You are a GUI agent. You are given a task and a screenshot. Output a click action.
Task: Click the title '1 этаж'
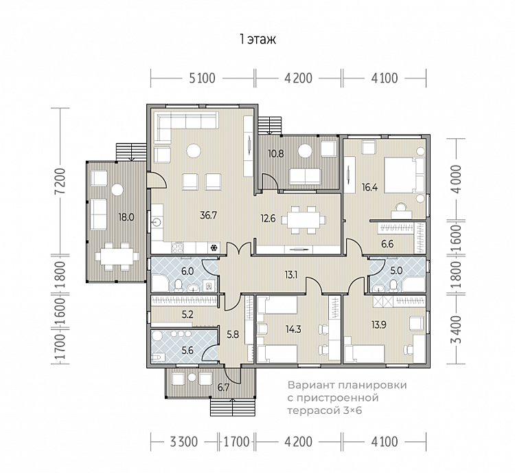coord(257,39)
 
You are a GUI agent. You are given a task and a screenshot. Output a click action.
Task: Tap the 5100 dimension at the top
coord(202,78)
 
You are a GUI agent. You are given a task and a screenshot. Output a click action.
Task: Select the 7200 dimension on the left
coord(60,181)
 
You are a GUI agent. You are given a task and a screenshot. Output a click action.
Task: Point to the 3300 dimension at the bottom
coord(184,442)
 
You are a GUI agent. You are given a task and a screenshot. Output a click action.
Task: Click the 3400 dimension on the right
coord(456,330)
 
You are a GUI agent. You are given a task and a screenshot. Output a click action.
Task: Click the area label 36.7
coord(209,215)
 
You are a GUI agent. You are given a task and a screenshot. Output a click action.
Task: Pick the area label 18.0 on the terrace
coord(126,217)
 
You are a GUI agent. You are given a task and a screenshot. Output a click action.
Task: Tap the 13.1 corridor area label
coord(290,274)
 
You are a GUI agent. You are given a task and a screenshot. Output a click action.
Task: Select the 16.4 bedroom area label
coord(369,188)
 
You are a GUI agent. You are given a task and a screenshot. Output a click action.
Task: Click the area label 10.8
coord(275,153)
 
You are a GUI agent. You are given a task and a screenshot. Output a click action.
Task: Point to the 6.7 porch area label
coord(223,388)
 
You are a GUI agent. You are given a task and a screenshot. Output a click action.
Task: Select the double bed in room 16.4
coord(404,175)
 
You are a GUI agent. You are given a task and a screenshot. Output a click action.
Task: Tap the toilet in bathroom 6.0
coord(179,285)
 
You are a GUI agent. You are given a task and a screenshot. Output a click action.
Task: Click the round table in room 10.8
coord(305,151)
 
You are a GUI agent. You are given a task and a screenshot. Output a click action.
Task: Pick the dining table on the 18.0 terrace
coord(117,256)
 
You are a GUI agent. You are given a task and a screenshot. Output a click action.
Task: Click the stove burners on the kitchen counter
coord(178,247)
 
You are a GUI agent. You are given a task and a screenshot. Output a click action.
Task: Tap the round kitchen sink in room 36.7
coord(157,222)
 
